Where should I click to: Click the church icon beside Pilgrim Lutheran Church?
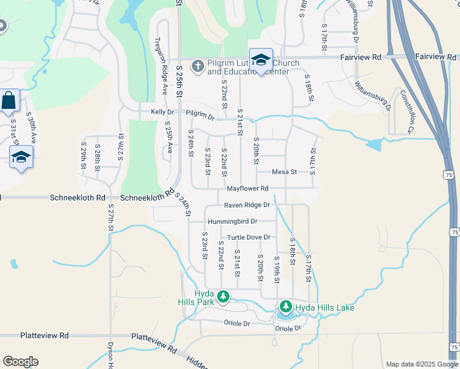click(x=197, y=65)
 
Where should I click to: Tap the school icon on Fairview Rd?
click(x=261, y=60)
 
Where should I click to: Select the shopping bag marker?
click(x=9, y=100)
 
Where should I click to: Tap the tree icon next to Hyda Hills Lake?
click(x=286, y=306)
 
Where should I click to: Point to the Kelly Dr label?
click(x=162, y=112)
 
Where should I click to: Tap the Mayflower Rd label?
click(x=248, y=188)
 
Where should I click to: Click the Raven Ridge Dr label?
click(x=247, y=205)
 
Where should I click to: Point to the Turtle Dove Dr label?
click(x=249, y=237)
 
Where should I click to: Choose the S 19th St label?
click(x=277, y=271)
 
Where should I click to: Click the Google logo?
click(x=20, y=362)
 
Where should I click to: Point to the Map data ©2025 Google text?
click(x=421, y=364)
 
